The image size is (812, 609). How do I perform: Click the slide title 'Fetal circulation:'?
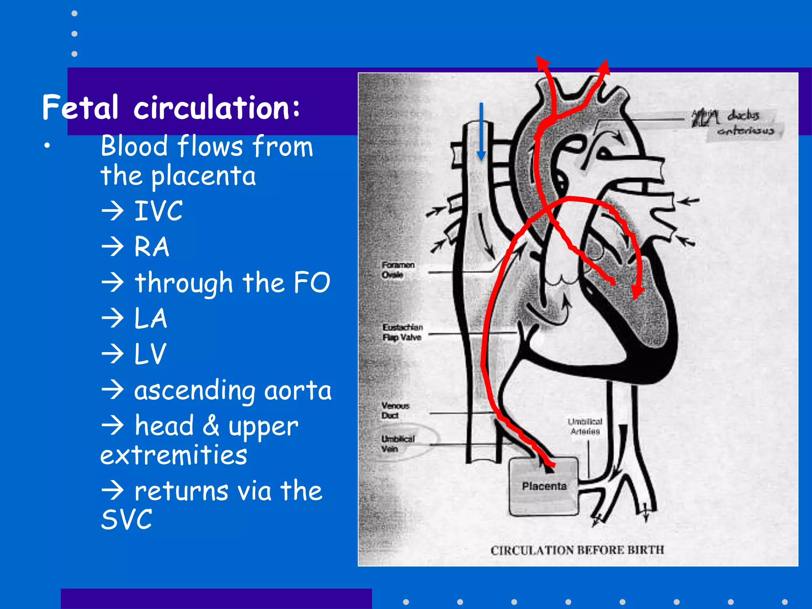coord(171,107)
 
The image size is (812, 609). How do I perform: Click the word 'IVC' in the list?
coord(159,211)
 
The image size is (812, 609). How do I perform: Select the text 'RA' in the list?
coord(152,247)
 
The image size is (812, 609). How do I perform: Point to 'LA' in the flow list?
coord(151,318)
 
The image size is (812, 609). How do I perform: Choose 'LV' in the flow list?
coord(150,354)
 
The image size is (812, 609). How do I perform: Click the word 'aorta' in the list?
coord(298,391)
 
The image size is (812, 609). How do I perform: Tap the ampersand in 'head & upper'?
coord(211,425)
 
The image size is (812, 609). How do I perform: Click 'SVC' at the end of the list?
coord(126,519)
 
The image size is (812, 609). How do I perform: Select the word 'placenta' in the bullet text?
coord(204,176)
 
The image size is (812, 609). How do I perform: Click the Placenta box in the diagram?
coord(544,486)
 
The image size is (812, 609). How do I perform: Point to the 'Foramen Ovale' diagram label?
coord(398,270)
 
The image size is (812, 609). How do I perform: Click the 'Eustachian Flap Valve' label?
coord(402,332)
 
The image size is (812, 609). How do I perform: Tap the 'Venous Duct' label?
coord(395,410)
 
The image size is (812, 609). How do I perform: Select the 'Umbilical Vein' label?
coord(398,444)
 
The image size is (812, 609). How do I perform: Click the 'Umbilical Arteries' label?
coord(585,426)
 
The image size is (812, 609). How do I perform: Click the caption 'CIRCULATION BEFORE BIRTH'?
coord(577,550)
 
